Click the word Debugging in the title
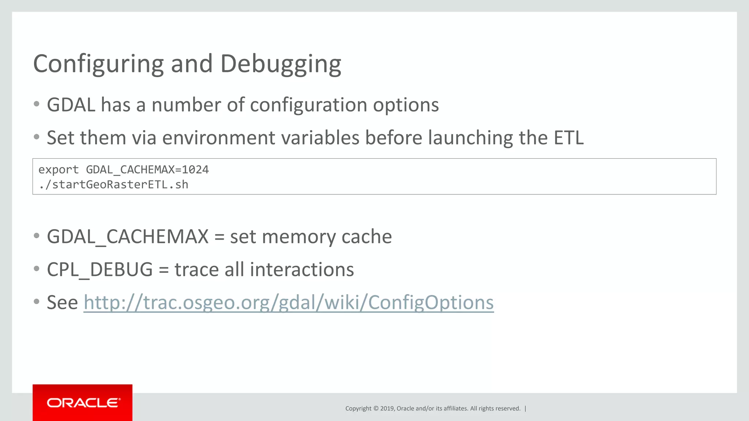click(x=281, y=64)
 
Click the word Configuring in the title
click(x=98, y=64)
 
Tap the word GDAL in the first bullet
click(x=71, y=105)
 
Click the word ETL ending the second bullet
click(x=568, y=138)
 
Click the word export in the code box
click(x=59, y=170)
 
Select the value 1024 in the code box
click(x=195, y=170)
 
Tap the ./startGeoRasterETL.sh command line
click(x=113, y=185)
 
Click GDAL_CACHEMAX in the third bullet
click(x=128, y=236)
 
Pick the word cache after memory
click(x=366, y=236)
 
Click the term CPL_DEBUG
click(x=99, y=269)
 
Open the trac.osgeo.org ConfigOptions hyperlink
click(x=289, y=303)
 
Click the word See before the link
click(x=62, y=303)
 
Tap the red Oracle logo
click(x=82, y=402)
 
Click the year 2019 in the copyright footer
click(x=387, y=409)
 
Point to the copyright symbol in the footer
click(x=375, y=409)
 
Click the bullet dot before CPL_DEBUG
click(x=36, y=269)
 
